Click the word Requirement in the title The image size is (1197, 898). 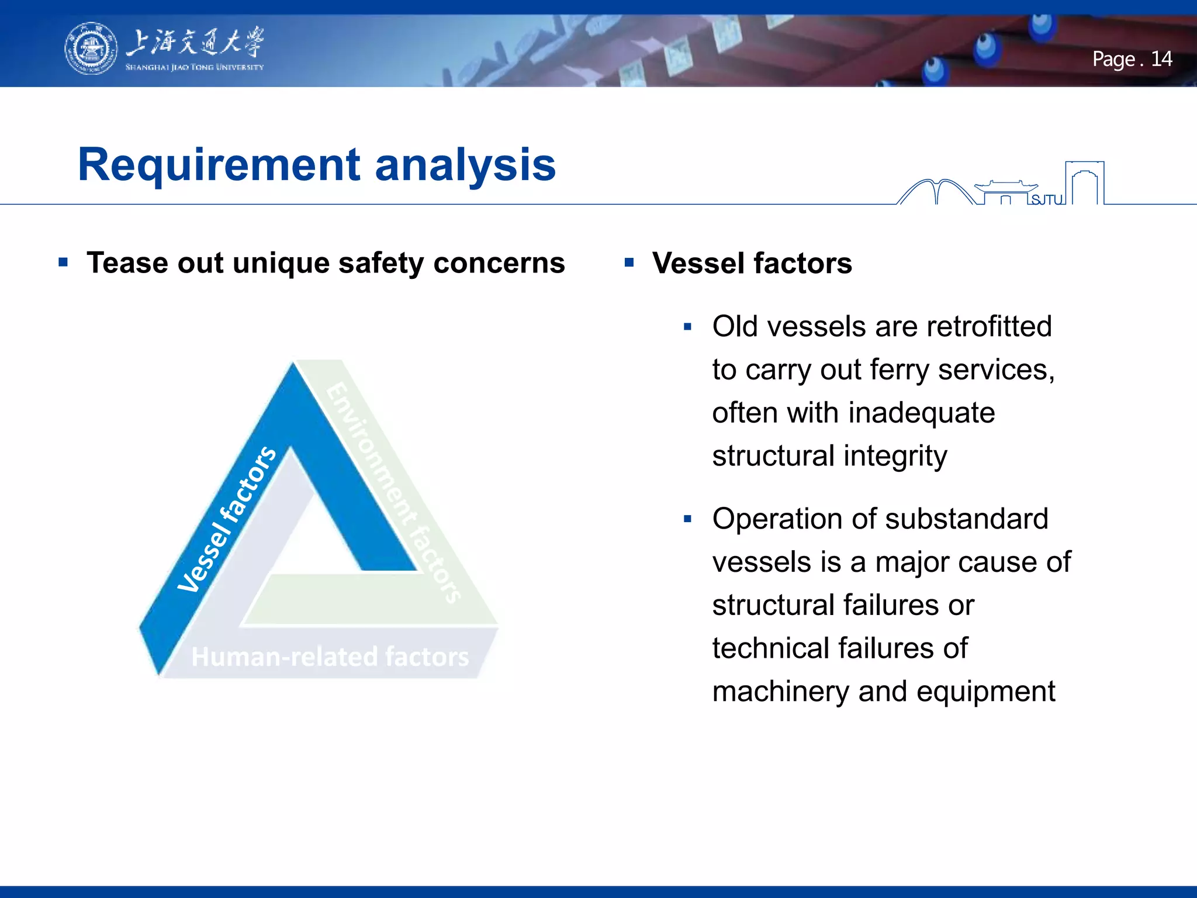pyautogui.click(x=219, y=165)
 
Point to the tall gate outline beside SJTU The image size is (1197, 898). pyautogui.click(x=1084, y=182)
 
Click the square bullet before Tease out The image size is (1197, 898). pyautogui.click(x=63, y=262)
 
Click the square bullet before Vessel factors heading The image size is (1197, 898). pyautogui.click(x=629, y=262)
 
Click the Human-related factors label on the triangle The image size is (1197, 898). pyautogui.click(x=330, y=657)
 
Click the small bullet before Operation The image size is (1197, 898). pyautogui.click(x=687, y=519)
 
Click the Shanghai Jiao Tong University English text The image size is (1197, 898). pyautogui.click(x=194, y=67)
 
